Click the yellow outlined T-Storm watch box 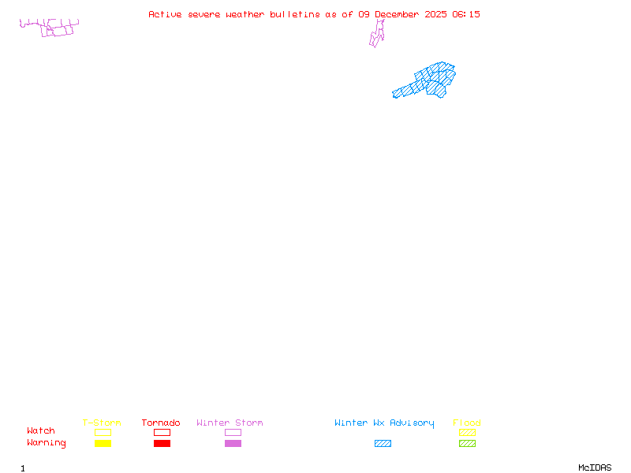pyautogui.click(x=103, y=432)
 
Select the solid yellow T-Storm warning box pyautogui.click(x=103, y=443)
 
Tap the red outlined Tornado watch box pyautogui.click(x=162, y=432)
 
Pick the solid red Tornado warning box pyautogui.click(x=162, y=443)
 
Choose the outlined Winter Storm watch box pyautogui.click(x=233, y=432)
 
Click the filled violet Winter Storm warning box pyautogui.click(x=233, y=443)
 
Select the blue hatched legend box pyautogui.click(x=383, y=443)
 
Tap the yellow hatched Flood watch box pyautogui.click(x=467, y=432)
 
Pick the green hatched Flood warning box pyautogui.click(x=467, y=443)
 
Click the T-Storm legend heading pyautogui.click(x=102, y=423)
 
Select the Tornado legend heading pyautogui.click(x=161, y=423)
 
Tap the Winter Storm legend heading pyautogui.click(x=230, y=423)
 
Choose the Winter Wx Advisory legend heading pyautogui.click(x=384, y=423)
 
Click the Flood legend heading pyautogui.click(x=467, y=423)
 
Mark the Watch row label pyautogui.click(x=41, y=431)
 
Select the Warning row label pyautogui.click(x=47, y=443)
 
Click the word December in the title pyautogui.click(x=398, y=14)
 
